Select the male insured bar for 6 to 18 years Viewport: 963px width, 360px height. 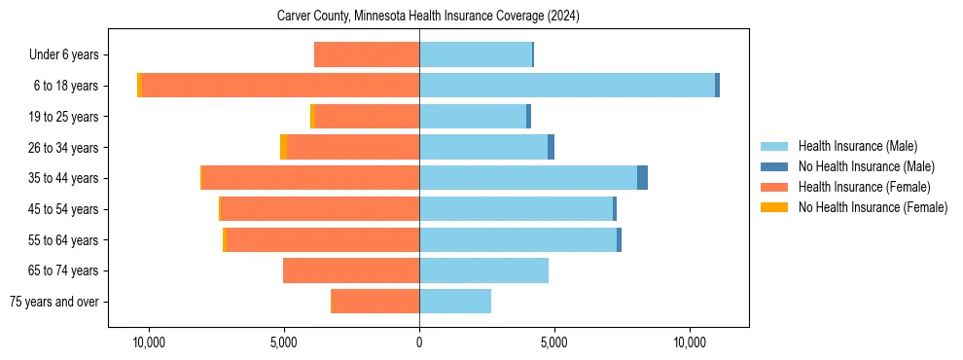[567, 86]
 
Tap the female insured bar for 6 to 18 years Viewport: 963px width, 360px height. [280, 86]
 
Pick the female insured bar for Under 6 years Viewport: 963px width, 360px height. [367, 54]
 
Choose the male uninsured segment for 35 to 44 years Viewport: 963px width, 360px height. [642, 178]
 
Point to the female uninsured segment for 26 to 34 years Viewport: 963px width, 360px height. [283, 147]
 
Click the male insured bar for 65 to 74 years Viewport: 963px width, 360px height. [483, 270]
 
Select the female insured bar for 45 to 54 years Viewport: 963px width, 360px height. [320, 209]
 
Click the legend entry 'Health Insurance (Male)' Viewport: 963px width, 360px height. [857, 146]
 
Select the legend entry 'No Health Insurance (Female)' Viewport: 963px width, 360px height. [873, 207]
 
